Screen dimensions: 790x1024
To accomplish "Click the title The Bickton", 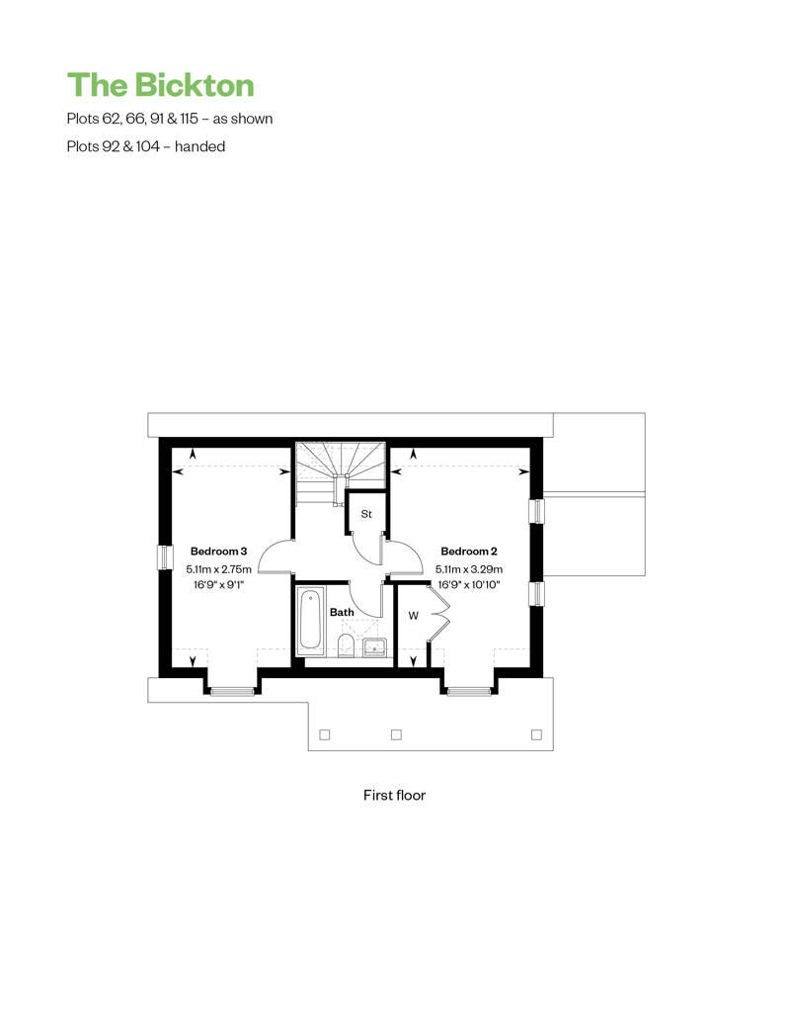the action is coord(161,85).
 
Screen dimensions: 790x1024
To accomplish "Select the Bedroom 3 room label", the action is coord(218,552).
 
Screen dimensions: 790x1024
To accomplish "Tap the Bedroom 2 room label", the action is coord(469,552).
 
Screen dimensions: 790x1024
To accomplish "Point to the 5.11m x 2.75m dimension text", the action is coord(218,569).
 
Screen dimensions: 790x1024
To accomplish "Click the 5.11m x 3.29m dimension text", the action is coord(469,569).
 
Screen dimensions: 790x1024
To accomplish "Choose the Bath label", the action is coord(342,612).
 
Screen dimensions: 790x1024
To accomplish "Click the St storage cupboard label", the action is coord(366,514).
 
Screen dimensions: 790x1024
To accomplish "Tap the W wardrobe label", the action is coord(413,616).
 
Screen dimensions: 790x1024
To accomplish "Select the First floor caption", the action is coord(395,796).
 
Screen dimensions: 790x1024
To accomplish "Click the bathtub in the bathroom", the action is coord(310,621).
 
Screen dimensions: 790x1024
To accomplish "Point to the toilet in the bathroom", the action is coord(346,645).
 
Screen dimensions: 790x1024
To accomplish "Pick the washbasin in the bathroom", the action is coord(375,647).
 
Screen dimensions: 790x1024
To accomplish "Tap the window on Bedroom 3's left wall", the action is coord(165,557).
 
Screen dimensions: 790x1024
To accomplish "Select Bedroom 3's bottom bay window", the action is coord(232,692).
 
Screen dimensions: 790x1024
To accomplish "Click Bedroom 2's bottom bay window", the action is coord(469,692).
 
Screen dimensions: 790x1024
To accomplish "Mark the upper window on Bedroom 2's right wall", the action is coord(536,511).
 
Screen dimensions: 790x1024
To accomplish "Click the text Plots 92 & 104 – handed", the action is coord(146,146).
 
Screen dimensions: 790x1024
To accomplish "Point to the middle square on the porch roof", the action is coord(396,734).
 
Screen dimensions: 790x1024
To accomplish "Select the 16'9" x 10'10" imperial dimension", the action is coord(469,585).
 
